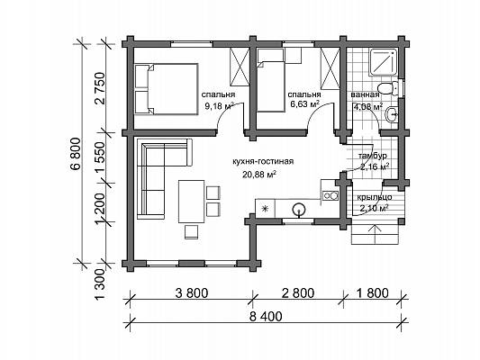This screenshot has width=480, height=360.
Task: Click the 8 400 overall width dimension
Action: [266, 317]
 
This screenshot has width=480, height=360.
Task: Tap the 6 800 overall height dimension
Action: [77, 154]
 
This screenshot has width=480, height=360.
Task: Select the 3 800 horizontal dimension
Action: [192, 293]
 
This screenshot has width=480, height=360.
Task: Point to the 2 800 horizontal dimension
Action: [298, 293]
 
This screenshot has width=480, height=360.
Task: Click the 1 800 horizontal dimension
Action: [372, 293]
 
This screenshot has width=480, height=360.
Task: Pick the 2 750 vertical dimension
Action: [101, 89]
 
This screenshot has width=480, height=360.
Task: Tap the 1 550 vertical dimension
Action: [101, 157]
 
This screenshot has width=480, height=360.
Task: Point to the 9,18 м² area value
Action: [220, 106]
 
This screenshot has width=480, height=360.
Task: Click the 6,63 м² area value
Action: [305, 104]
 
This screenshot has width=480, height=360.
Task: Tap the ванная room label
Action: [365, 94]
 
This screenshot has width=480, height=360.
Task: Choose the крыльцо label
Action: [375, 197]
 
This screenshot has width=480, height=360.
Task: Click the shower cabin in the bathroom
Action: [384, 62]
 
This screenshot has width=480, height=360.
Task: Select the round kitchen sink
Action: [298, 210]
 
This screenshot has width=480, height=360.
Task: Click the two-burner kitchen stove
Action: [330, 194]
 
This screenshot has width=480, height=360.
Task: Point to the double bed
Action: [167, 89]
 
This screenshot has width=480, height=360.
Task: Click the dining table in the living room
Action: [191, 202]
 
